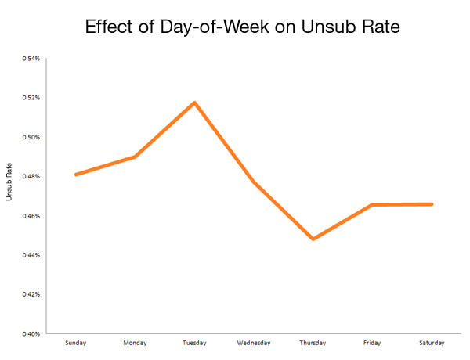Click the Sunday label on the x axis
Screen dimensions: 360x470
pos(76,343)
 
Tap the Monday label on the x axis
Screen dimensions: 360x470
pos(135,343)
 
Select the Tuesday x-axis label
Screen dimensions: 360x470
pos(194,343)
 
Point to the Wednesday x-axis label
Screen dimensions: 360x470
pos(253,343)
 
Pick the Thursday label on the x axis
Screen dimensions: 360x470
pos(313,343)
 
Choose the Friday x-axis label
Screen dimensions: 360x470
pos(372,343)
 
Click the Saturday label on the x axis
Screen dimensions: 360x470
pos(431,343)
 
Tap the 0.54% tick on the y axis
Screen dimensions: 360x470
pos(31,59)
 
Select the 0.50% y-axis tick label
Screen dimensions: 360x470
pos(31,137)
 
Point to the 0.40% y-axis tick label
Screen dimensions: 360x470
pos(31,334)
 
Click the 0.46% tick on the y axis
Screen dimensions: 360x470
pos(31,216)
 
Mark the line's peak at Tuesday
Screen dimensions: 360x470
pos(194,103)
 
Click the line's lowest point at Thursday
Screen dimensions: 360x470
pos(313,239)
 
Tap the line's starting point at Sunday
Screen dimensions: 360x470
pos(76,175)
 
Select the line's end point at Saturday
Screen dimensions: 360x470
pos(431,204)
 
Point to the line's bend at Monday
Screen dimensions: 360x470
pos(135,157)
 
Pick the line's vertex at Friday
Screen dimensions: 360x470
pos(372,205)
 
